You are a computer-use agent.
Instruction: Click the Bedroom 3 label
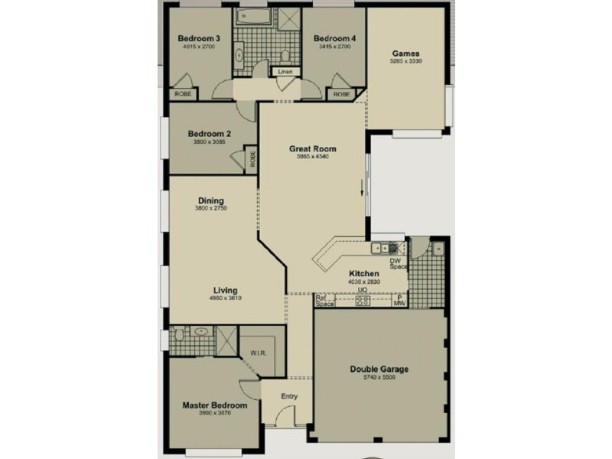tap(199, 38)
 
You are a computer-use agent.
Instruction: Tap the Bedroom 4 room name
tap(334, 38)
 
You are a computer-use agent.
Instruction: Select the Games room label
tap(406, 53)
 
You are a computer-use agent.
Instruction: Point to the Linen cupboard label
tap(285, 72)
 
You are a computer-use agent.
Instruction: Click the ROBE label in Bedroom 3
tap(184, 93)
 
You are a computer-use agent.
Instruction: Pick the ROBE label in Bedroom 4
tap(341, 94)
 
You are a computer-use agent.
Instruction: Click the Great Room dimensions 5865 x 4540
tap(312, 157)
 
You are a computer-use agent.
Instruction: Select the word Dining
tap(210, 201)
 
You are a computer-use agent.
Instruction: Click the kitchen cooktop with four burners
tap(363, 301)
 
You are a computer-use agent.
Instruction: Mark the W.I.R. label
tap(257, 353)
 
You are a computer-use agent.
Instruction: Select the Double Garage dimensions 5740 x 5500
tap(379, 378)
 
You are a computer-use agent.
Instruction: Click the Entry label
tap(289, 396)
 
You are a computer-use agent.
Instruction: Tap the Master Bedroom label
tap(214, 405)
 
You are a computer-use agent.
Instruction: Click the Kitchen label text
tap(363, 274)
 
